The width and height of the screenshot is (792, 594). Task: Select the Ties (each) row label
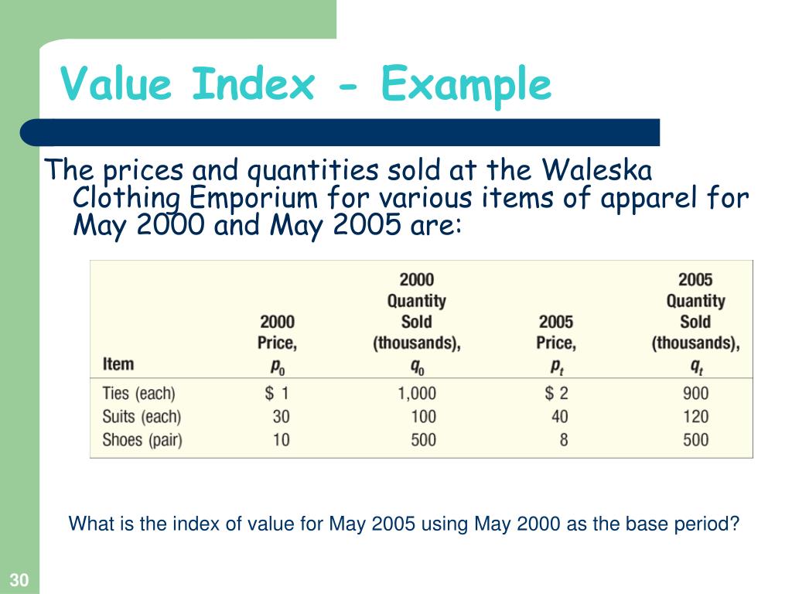pos(138,393)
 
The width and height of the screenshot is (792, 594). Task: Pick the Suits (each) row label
pos(142,416)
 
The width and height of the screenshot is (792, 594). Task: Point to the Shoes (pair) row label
pos(144,439)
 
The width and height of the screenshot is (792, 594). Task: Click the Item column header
pos(118,364)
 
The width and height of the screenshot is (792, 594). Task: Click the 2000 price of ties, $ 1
pos(277,393)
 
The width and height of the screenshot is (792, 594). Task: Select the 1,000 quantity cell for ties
pos(417,393)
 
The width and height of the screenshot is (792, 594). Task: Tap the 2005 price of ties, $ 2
pos(556,393)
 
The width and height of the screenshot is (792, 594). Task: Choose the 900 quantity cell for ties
pos(695,393)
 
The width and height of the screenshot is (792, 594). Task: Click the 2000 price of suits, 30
pos(281,416)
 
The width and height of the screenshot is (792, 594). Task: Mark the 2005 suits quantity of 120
pos(695,416)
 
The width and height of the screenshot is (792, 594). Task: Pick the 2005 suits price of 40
pos(559,416)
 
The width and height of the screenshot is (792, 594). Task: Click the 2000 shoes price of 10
pos(281,439)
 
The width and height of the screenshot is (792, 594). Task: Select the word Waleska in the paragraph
pos(597,169)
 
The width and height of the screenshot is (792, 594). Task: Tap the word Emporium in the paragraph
pos(254,198)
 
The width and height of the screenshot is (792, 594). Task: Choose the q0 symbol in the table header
pos(417,364)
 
